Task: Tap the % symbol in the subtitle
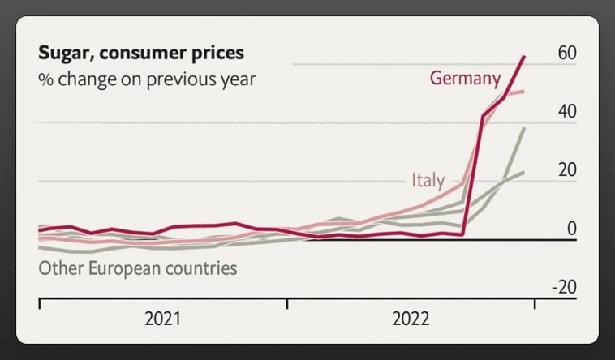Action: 45,79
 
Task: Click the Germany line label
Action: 465,79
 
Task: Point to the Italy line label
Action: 428,180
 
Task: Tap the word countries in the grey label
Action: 202,268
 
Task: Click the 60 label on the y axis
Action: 567,53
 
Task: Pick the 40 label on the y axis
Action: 567,111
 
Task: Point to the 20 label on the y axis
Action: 567,170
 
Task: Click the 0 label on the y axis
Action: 571,229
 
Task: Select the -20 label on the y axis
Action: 564,288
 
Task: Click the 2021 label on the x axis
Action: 162,319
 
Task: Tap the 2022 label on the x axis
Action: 411,319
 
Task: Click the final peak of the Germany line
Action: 524,56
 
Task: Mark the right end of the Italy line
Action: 524,91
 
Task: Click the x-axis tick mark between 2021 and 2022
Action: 286,304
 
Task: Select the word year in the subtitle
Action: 237,79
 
